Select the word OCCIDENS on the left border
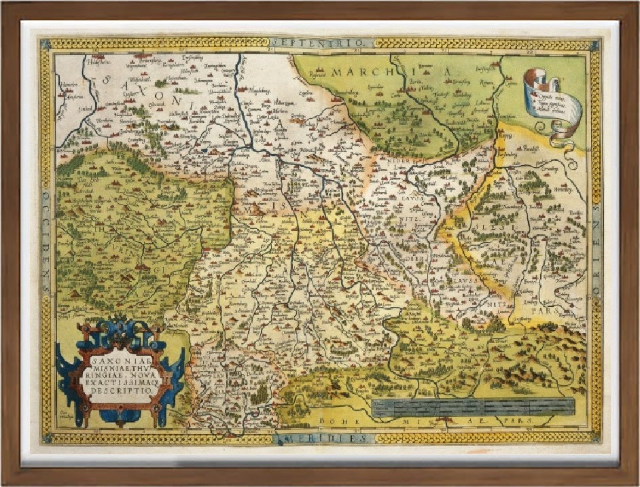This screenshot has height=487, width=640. [x=45, y=241]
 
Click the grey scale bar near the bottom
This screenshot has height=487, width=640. [x=473, y=408]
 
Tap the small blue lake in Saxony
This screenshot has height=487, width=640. [x=205, y=145]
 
